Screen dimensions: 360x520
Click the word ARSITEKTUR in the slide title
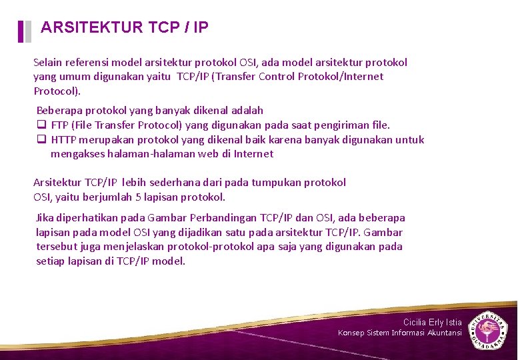click(x=91, y=27)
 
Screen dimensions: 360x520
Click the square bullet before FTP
click(x=41, y=125)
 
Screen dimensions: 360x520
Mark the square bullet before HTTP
click(x=41, y=140)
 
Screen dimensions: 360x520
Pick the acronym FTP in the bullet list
click(x=59, y=125)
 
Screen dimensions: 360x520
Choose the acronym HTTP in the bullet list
click(x=64, y=140)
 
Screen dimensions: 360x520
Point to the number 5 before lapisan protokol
click(x=137, y=197)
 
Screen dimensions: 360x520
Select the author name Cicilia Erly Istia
click(x=432, y=323)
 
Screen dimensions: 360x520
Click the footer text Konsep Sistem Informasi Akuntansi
click(x=399, y=333)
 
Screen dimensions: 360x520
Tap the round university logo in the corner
click(x=489, y=329)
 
